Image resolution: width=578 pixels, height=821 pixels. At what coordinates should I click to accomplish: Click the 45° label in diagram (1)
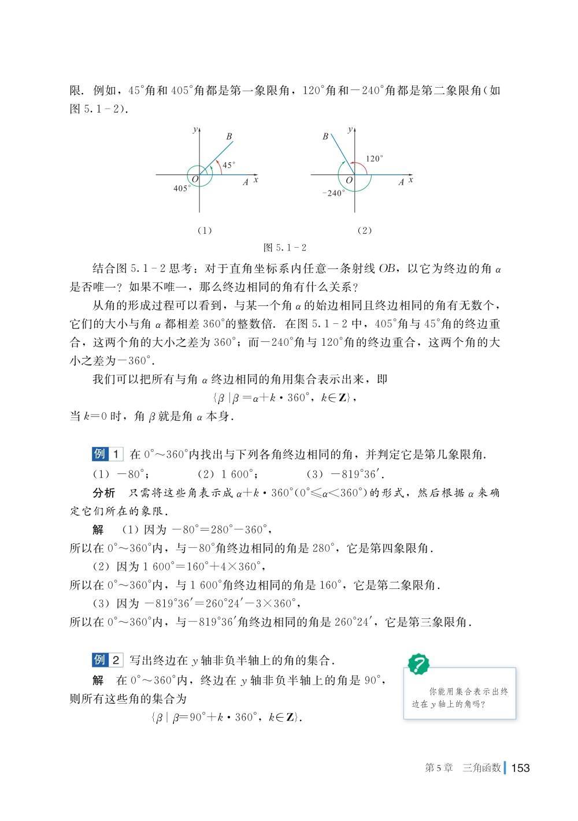tap(228, 165)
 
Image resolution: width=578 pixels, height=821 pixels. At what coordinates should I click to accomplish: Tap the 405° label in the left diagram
tap(181, 188)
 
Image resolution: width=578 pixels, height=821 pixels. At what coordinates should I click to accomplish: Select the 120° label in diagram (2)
tap(374, 158)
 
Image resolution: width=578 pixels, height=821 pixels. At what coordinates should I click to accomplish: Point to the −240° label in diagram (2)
tap(334, 193)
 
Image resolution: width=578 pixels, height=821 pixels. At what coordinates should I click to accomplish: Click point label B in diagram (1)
tap(229, 137)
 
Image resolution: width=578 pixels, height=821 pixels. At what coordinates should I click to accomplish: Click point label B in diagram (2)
tap(325, 137)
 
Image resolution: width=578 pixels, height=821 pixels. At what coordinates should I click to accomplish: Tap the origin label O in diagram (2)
tap(349, 181)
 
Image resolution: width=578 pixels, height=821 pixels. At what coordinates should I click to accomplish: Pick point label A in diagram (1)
tap(246, 182)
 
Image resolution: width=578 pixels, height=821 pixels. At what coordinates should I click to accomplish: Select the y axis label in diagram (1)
tap(195, 130)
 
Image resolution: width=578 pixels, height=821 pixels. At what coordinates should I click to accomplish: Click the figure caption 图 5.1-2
tap(284, 248)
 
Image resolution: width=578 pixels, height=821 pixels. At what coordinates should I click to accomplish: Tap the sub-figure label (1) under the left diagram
tap(205, 230)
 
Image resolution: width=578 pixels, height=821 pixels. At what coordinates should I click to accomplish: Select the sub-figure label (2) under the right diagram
tap(364, 230)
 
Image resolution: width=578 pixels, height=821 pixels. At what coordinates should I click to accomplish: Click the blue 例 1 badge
tap(107, 454)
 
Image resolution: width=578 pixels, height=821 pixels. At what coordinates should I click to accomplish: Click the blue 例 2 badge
tap(107, 660)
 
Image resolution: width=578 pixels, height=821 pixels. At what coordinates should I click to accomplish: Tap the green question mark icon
tap(418, 665)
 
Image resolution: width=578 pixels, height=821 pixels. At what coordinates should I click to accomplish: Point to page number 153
tap(520, 768)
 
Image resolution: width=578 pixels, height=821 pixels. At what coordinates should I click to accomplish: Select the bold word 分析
tap(104, 493)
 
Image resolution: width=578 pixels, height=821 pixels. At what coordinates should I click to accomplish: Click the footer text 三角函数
tap(481, 768)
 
